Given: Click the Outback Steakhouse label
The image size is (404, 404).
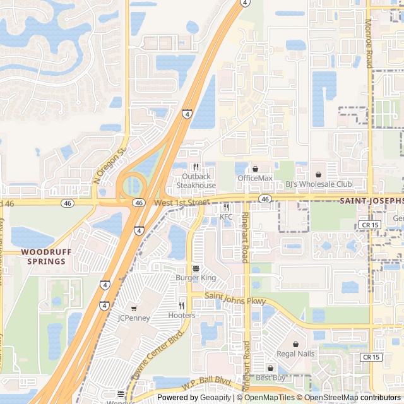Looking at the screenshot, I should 196,181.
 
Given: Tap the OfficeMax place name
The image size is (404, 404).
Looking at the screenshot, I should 255,178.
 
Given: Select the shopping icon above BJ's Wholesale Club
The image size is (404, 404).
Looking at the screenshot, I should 318,174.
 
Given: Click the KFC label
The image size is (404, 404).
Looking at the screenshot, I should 226,217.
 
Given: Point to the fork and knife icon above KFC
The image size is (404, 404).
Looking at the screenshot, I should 226,207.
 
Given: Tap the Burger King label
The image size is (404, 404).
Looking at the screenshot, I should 196,278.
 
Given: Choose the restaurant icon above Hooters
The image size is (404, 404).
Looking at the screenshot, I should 182,306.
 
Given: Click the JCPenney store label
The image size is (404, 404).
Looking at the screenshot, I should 134,318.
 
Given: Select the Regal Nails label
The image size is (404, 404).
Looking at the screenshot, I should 295,353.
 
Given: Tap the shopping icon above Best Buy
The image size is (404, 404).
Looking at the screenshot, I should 270,368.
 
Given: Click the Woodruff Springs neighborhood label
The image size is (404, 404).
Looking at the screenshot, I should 43,256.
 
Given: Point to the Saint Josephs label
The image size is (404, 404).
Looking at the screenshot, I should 371,201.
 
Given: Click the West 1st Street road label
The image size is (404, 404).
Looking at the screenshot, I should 181,202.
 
